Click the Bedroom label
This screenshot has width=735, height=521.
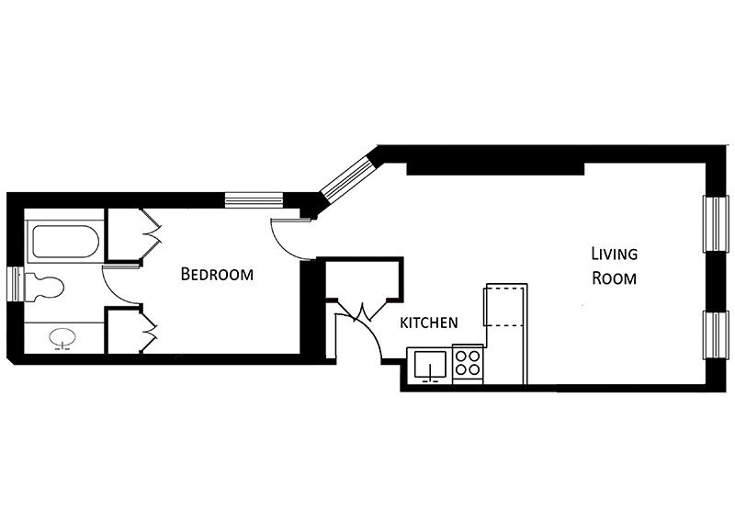point(217,274)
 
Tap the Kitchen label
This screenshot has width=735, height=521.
point(428,323)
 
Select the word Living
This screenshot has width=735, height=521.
point(614,254)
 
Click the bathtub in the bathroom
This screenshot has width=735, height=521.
point(65,242)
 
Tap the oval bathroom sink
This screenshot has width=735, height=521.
point(62,337)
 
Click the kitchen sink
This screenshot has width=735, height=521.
point(430,365)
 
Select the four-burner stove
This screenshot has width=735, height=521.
point(468,364)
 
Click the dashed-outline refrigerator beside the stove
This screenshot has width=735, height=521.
point(507,305)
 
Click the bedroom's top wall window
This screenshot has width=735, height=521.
point(254,200)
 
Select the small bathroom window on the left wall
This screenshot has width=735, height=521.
point(17,284)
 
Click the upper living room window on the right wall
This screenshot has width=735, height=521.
point(717,224)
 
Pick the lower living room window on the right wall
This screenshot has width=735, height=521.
point(717,334)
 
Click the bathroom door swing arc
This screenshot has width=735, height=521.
point(116,291)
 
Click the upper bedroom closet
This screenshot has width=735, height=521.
point(125,234)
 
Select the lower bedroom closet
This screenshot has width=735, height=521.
point(125,330)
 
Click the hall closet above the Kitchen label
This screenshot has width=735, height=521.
point(364,278)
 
